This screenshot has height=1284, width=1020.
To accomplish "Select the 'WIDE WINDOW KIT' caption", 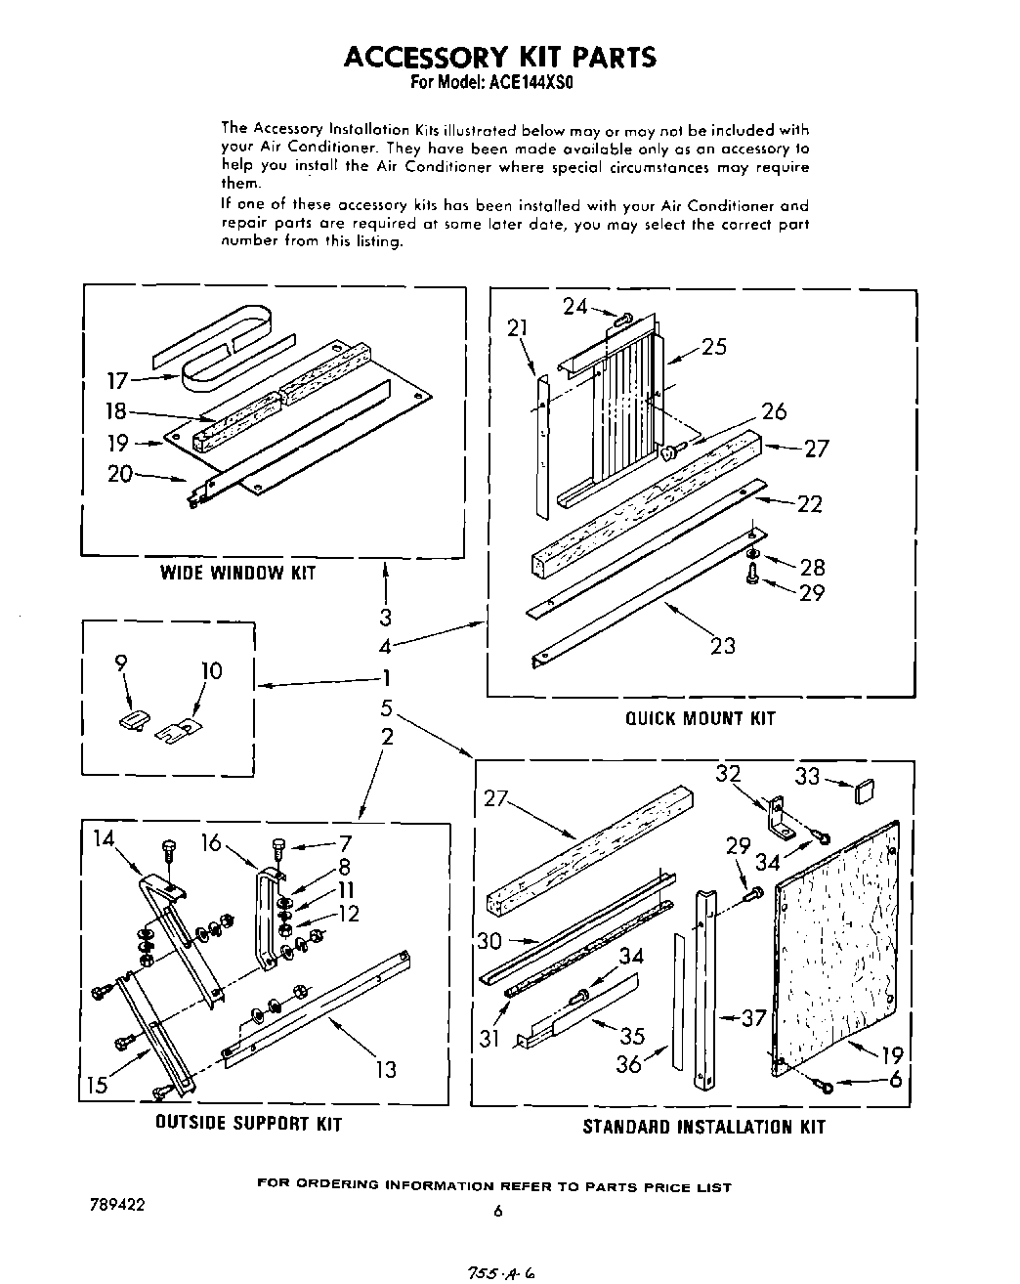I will click(238, 573).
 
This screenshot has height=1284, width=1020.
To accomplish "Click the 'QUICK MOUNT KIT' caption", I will click(701, 718).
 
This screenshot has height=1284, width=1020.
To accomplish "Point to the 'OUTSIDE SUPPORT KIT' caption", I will click(249, 1124).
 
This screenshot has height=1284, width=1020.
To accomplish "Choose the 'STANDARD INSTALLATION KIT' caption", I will click(703, 1127).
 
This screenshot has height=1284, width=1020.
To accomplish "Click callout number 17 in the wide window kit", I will click(118, 379).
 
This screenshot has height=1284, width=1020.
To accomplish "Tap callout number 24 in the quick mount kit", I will click(575, 306).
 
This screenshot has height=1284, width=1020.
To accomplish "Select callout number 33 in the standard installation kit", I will click(807, 776).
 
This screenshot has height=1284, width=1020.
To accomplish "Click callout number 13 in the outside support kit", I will click(387, 1069).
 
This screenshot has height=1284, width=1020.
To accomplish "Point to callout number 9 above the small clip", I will click(121, 663).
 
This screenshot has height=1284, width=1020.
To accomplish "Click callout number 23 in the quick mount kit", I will click(723, 645).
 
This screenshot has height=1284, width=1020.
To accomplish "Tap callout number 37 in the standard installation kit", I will click(753, 1017).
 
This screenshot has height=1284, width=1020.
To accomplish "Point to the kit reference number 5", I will click(387, 707).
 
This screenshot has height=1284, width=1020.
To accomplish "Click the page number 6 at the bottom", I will click(497, 1212).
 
